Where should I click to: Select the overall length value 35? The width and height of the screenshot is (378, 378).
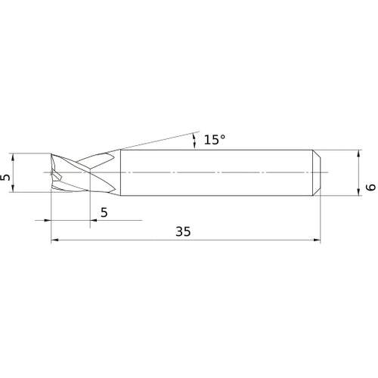(182, 232)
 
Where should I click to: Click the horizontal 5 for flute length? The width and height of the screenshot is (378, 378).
(104, 212)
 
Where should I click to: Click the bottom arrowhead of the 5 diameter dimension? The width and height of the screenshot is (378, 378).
(15, 190)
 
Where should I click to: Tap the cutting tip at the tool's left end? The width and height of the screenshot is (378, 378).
(53, 175)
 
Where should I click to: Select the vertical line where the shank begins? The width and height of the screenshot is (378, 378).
(117, 174)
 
